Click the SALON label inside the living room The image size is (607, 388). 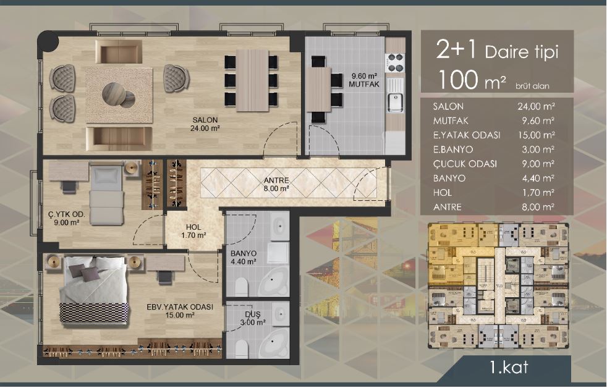click(205, 120)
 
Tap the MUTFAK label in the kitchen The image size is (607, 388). click(364, 84)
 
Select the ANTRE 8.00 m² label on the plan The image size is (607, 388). click(276, 184)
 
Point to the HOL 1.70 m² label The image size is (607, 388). click(193, 231)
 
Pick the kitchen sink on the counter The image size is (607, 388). click(395, 102)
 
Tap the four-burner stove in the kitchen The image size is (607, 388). click(395, 63)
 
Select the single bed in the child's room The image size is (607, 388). click(106, 194)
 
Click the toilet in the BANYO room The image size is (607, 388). click(241, 287)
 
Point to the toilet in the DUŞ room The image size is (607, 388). click(241, 349)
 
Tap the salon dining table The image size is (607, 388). click(252, 80)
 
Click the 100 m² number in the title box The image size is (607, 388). click(472, 80)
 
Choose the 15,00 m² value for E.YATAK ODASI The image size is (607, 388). click(536, 135)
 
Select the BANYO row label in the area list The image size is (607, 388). click(449, 179)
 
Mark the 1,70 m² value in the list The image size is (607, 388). click(538, 193)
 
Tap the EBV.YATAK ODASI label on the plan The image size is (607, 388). click(180, 307)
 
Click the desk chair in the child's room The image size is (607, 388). click(69, 187)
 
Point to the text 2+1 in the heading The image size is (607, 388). click(456, 50)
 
